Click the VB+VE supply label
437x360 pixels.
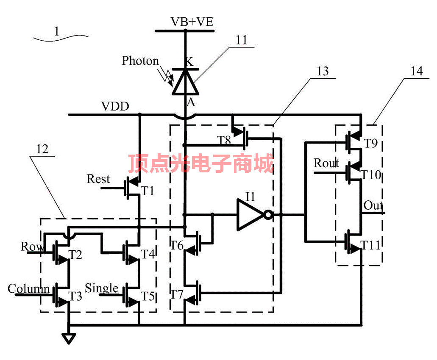tap(192, 22)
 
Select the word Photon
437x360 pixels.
tap(140, 61)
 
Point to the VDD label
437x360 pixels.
tap(115, 106)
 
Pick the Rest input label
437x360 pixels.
tap(98, 179)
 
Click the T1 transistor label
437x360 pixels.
tap(148, 191)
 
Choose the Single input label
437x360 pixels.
tap(102, 288)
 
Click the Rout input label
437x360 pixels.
tap(326, 163)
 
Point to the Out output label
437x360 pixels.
tap(373, 206)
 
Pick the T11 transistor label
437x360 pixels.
tap(371, 245)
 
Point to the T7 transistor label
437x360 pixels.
tap(177, 294)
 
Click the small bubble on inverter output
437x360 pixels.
tap(268, 215)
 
